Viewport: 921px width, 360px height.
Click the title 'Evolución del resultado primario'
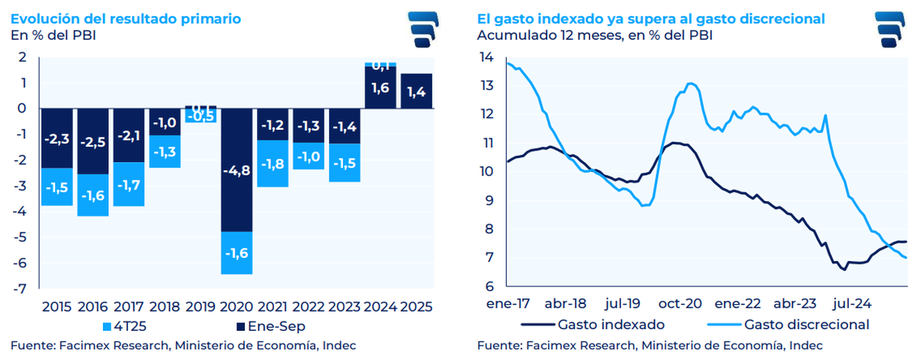pyautogui.click(x=126, y=17)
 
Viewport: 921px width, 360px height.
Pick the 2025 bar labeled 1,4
pyautogui.click(x=417, y=91)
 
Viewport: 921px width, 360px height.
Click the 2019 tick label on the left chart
pyautogui.click(x=201, y=306)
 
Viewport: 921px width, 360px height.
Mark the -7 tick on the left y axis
pyautogui.click(x=25, y=289)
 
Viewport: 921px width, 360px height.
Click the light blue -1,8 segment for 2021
pyautogui.click(x=272, y=163)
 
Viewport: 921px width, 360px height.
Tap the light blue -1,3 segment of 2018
pyautogui.click(x=165, y=151)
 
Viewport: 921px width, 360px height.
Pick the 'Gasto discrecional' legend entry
pyautogui.click(x=798, y=324)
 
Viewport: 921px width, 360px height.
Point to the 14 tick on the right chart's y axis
pyautogui.click(x=486, y=57)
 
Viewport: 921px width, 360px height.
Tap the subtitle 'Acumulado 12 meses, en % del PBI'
pyautogui.click(x=594, y=35)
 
